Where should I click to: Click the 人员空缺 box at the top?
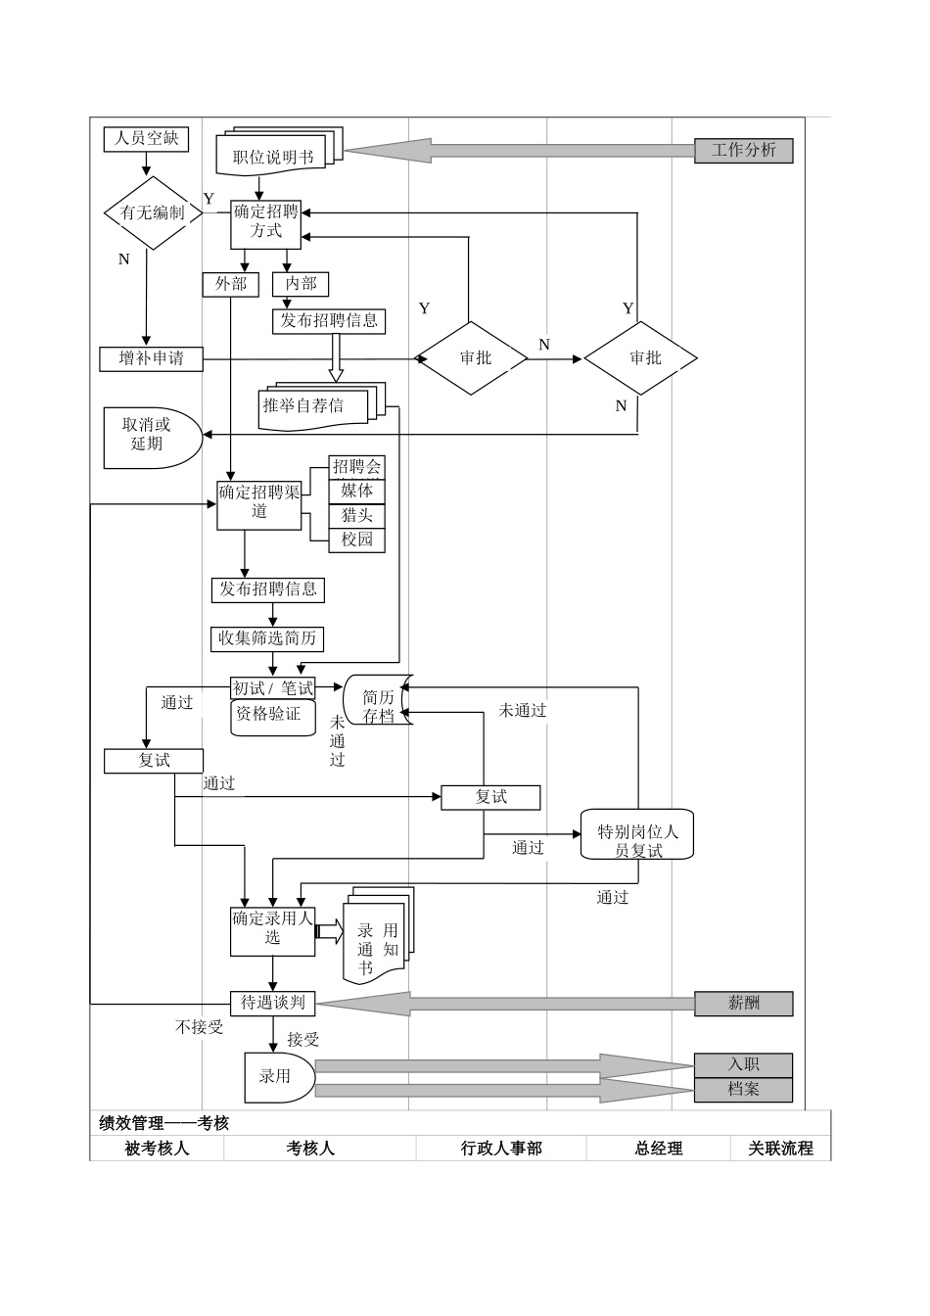[x=146, y=139]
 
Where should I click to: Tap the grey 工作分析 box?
[x=743, y=151]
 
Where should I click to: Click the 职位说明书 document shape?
[x=273, y=156]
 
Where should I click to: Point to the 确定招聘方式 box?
[x=265, y=222]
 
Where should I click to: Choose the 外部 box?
[x=230, y=284]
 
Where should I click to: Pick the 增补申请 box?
[x=151, y=359]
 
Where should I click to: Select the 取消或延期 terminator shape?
[x=149, y=435]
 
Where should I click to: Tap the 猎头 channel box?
[x=356, y=515]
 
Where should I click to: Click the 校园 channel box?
[x=356, y=540]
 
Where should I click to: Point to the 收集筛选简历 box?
[x=267, y=638]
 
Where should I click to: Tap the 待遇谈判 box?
[x=272, y=1003]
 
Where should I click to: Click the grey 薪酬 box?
[x=743, y=1004]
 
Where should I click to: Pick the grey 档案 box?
[x=743, y=1090]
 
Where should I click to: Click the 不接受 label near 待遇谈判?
[x=199, y=1027]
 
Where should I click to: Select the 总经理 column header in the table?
[x=658, y=1149]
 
